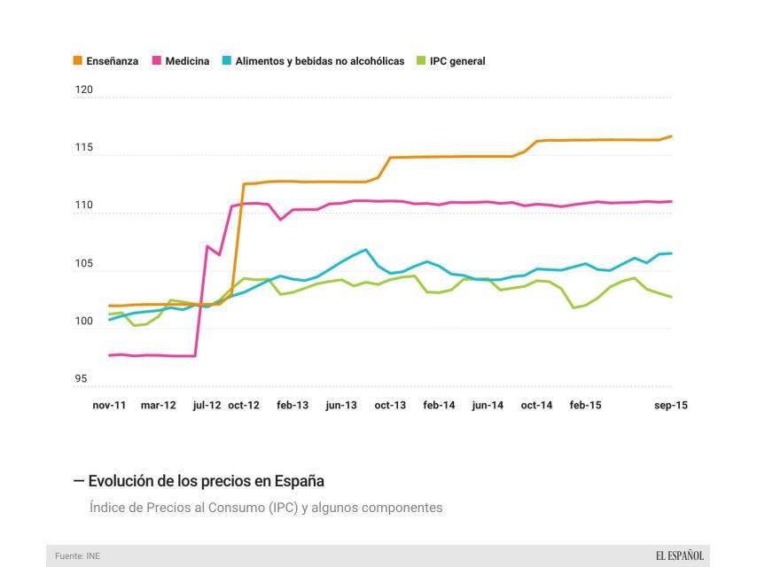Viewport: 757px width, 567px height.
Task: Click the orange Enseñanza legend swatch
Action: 78,61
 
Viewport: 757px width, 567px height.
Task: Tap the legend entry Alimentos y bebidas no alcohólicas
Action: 319,61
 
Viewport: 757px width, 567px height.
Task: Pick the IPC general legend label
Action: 457,61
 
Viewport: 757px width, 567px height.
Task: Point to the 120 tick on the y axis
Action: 83,89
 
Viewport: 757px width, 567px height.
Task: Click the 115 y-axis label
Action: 83,147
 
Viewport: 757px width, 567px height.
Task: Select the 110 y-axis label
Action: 83,206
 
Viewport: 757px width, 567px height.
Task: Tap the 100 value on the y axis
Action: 83,322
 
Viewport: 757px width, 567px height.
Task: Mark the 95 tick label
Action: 81,380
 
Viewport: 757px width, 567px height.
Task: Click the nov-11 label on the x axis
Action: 109,405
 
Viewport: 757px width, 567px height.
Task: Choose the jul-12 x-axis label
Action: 207,405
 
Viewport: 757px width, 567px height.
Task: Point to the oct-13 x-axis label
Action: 390,405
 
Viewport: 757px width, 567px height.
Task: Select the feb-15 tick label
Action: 585,405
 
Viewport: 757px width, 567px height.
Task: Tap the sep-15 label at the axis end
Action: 671,405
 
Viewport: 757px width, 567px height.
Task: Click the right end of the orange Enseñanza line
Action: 672,136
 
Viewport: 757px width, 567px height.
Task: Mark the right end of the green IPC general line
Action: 672,297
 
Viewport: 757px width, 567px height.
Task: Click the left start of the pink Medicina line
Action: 109,355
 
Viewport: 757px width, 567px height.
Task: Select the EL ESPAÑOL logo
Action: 680,555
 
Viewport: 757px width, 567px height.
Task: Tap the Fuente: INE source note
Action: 77,556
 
